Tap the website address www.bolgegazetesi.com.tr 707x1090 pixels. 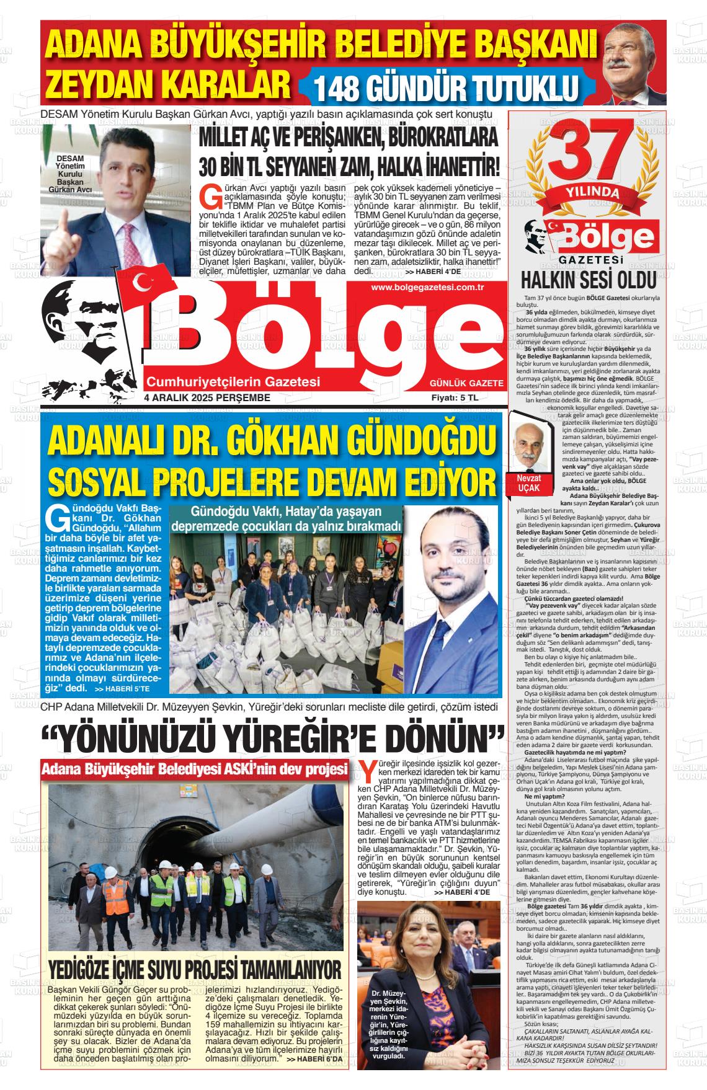click(x=427, y=287)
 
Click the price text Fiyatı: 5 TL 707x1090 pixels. click(x=455, y=397)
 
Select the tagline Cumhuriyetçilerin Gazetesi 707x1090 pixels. click(x=231, y=381)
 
